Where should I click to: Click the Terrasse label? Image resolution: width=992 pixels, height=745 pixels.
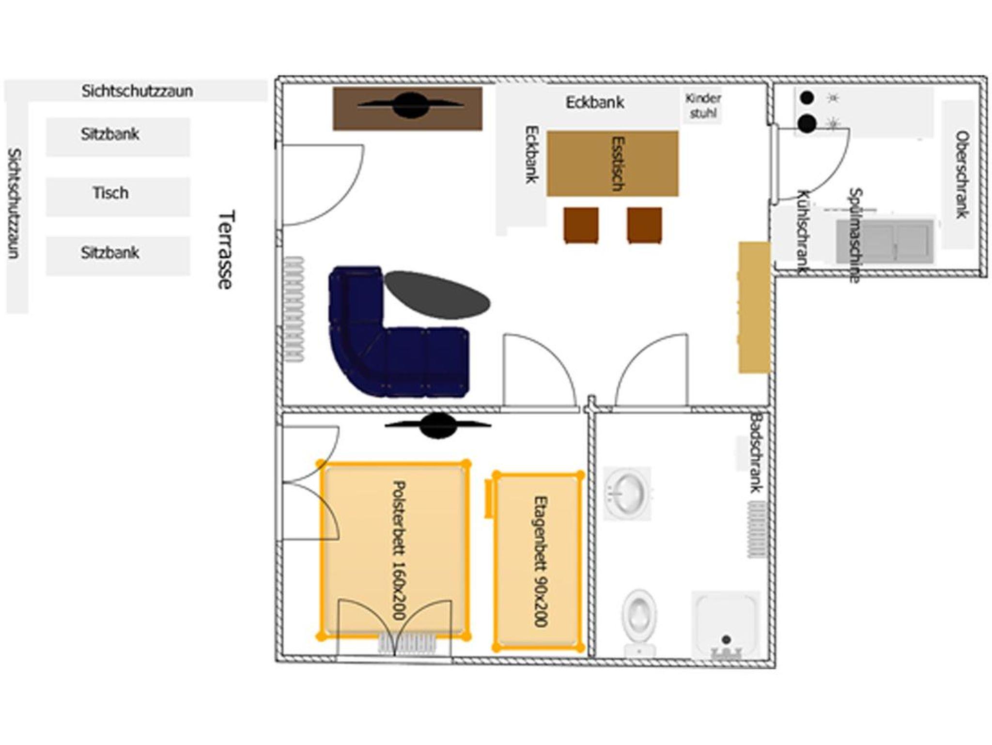tap(225, 249)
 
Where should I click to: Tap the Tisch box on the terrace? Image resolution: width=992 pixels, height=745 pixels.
tap(118, 197)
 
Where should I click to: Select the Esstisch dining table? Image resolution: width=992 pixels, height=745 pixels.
tap(613, 163)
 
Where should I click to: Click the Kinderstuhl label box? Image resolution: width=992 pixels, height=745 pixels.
tap(703, 106)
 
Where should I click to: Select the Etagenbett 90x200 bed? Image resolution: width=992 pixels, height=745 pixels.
tap(538, 561)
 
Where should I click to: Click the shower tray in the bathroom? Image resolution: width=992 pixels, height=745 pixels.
tap(725, 624)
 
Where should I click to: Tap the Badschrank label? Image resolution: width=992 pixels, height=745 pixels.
tap(757, 452)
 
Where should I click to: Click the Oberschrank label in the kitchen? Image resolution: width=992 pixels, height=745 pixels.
tap(961, 175)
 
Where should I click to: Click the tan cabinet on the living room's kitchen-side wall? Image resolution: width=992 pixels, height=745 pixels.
tap(754, 308)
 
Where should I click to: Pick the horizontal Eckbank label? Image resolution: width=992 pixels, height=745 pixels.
tap(595, 102)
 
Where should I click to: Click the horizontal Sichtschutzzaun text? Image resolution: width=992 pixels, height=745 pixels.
tap(137, 91)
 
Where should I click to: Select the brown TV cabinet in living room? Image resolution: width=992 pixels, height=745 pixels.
tap(407, 109)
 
